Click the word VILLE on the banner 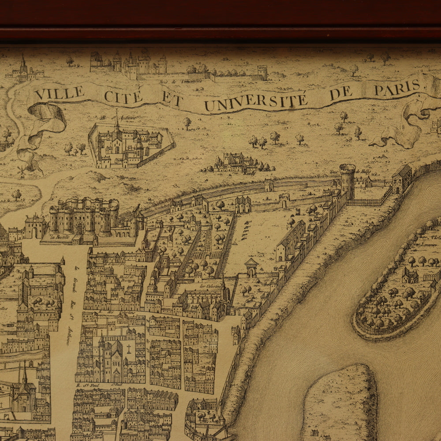(x=60, y=93)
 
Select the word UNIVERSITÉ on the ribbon (x=256, y=101)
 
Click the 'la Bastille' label (x=61, y=237)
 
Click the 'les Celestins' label (x=207, y=285)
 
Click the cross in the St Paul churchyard (x=129, y=348)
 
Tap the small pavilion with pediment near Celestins (x=251, y=267)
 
